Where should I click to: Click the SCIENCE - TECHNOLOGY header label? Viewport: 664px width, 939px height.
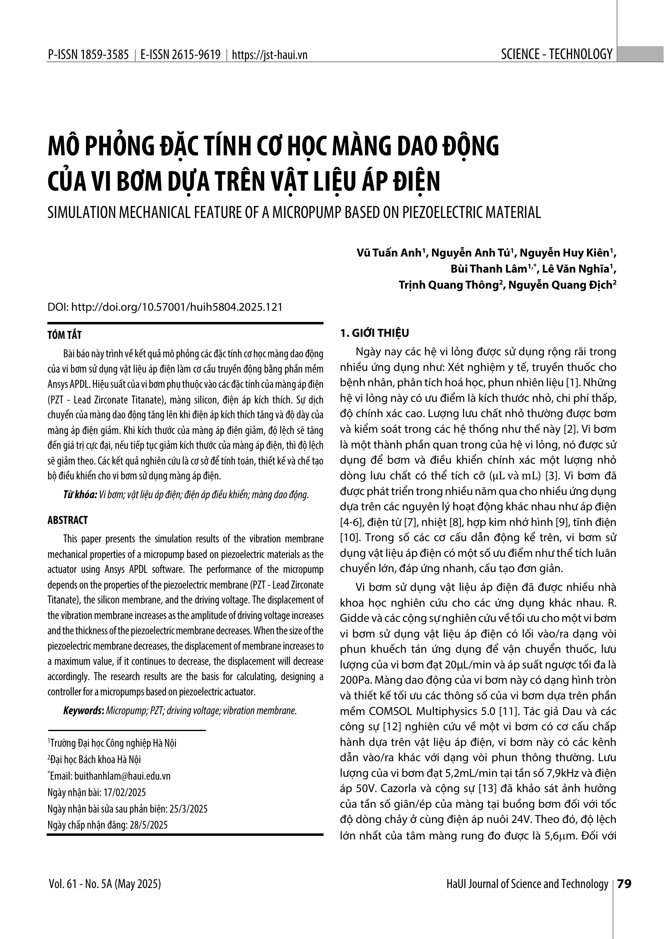tap(556, 54)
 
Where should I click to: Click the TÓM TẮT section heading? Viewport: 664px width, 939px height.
tap(65, 335)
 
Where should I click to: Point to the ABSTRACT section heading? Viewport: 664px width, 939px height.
tap(67, 520)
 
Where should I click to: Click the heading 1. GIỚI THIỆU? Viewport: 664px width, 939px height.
tap(375, 333)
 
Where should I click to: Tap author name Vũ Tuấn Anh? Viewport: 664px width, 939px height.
tap(389, 253)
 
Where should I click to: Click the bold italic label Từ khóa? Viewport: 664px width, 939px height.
tap(80, 495)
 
